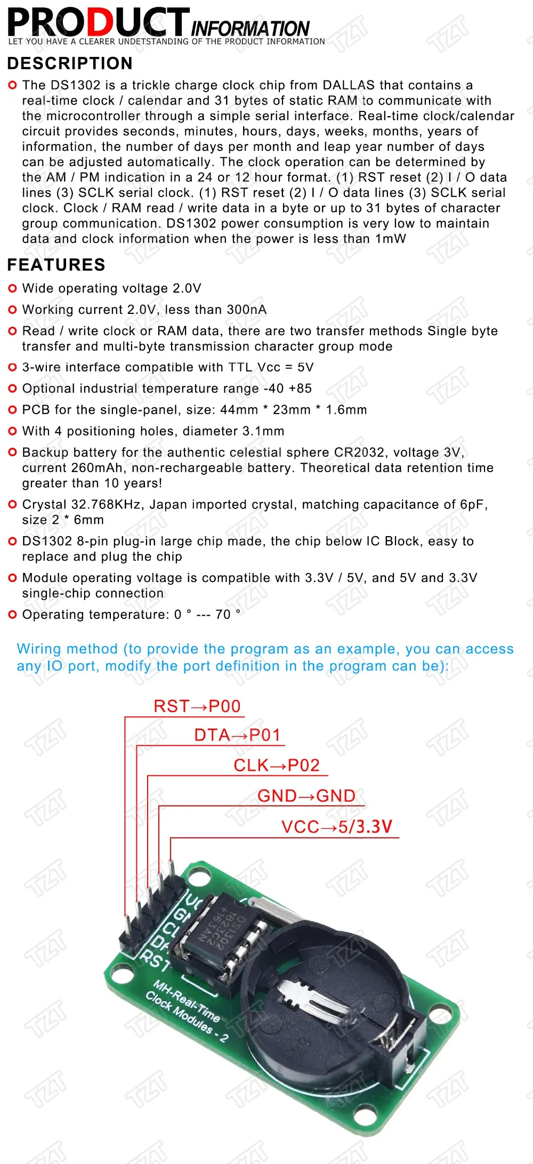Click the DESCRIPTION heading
70,63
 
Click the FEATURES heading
56,265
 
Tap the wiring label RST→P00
197,706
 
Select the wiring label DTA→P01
237,735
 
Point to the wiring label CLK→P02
276,765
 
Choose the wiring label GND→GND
306,796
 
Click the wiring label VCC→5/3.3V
336,827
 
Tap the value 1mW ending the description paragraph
391,239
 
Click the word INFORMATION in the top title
249,28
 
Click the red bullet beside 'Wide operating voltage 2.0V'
13,288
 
